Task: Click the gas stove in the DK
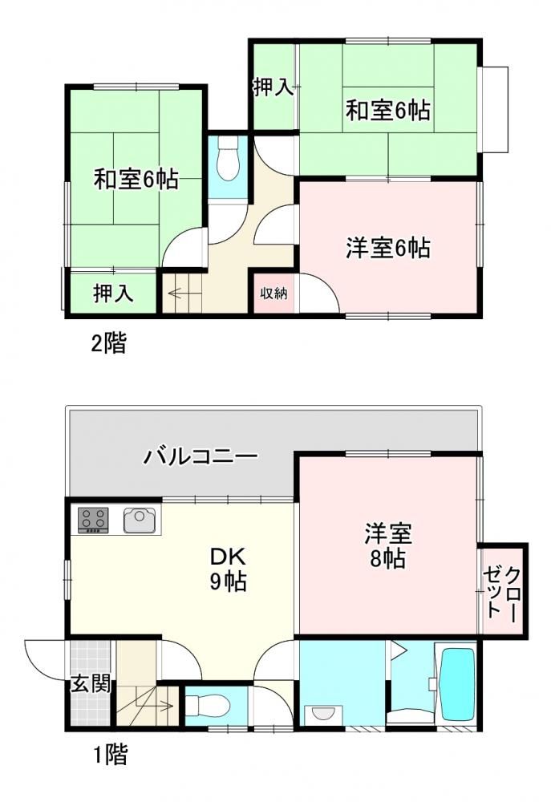[x=93, y=520]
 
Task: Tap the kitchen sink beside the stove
[x=139, y=520]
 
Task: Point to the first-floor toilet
[x=207, y=706]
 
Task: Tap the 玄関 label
[x=91, y=684]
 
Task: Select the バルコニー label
[x=200, y=456]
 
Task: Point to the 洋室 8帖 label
[x=388, y=545]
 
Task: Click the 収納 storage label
[x=273, y=293]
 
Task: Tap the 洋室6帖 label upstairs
[x=388, y=248]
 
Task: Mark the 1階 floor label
[x=111, y=754]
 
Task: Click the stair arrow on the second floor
[x=183, y=294]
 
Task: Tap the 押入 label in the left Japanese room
[x=114, y=293]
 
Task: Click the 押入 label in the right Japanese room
[x=273, y=88]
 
